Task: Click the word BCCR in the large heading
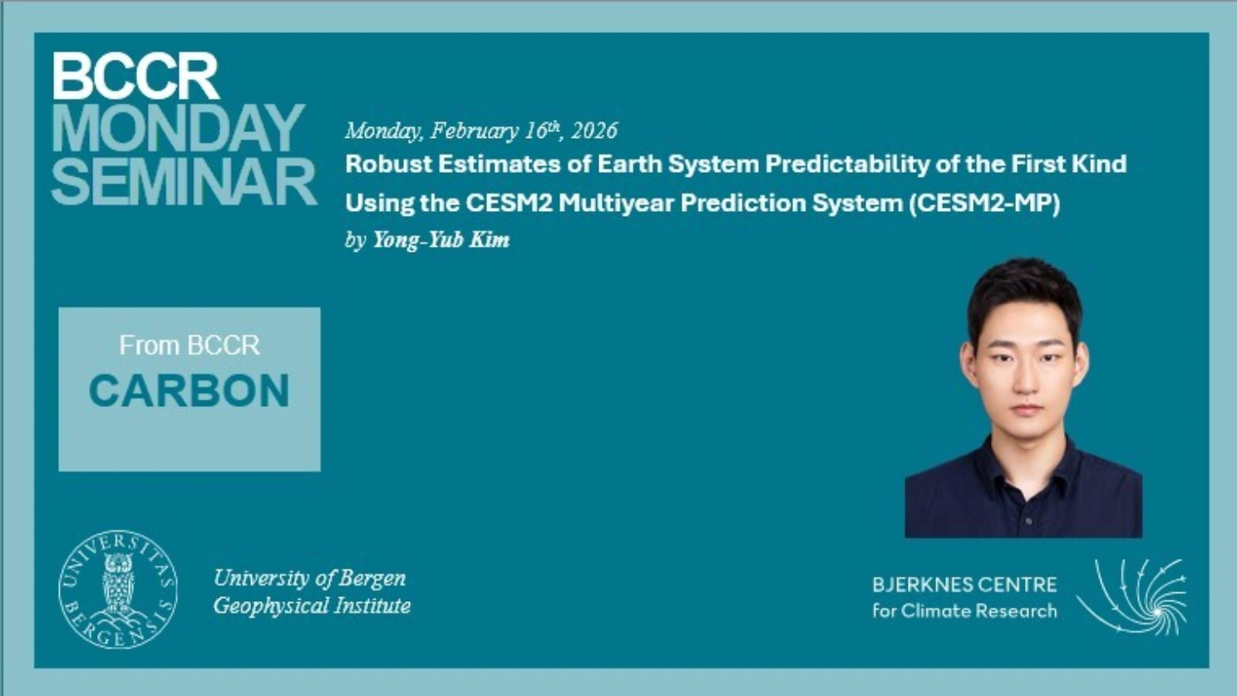[136, 76]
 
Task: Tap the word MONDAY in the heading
[178, 129]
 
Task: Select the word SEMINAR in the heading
[184, 181]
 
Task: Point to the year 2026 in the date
[594, 130]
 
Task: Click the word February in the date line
[474, 131]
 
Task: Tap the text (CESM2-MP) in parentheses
[984, 203]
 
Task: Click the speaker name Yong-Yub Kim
[441, 240]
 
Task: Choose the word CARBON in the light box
[190, 390]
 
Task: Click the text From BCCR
[190, 346]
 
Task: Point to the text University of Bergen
[310, 578]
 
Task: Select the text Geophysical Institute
[312, 606]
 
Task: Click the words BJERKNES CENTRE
[965, 585]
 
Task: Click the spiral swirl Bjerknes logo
[1132, 597]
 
